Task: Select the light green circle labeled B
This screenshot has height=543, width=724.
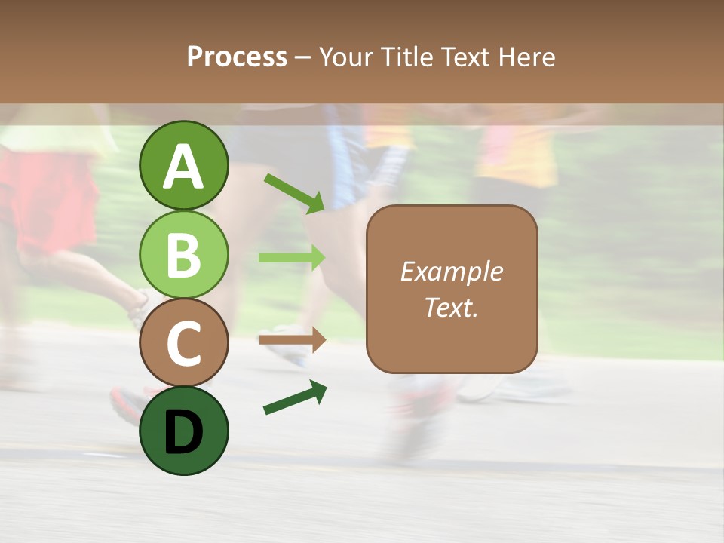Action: point(183,254)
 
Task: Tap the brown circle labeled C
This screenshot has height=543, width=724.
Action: point(183,343)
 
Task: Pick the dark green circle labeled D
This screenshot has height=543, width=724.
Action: point(183,431)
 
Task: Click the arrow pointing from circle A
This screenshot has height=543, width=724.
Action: point(295,193)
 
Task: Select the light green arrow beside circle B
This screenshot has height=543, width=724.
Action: point(292,257)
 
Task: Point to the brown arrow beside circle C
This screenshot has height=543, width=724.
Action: point(292,340)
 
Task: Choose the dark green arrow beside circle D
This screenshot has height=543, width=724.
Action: point(295,397)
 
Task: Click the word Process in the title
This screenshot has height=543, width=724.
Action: point(237,57)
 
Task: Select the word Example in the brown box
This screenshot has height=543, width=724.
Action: point(451,271)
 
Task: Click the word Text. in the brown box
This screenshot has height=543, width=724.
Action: point(451,307)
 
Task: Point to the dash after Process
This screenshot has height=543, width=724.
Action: point(303,57)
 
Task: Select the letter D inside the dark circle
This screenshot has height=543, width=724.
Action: point(183,433)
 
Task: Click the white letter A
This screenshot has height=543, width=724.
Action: point(183,167)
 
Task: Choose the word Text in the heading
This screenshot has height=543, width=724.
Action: point(468,57)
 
